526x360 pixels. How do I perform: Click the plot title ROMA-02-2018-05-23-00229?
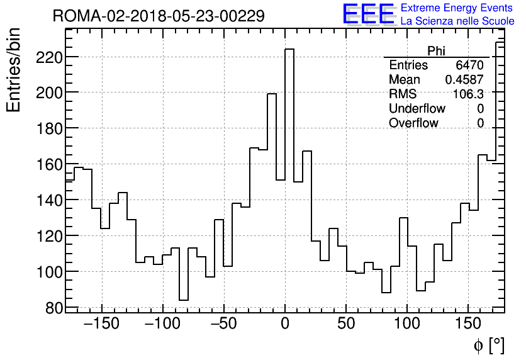coord(159,16)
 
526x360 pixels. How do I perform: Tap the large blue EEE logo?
coord(368,14)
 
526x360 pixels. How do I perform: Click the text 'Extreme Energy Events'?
coord(457,8)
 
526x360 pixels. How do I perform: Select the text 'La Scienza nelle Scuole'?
coord(457,21)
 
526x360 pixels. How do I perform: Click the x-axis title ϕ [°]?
coord(488,345)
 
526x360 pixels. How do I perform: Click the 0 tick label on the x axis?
coord(285,325)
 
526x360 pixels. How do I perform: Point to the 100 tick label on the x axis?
coord(407,325)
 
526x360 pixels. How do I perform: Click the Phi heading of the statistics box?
coord(436,52)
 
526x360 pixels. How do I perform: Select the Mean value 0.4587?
coord(464,80)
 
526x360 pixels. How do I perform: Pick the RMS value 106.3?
coord(469,94)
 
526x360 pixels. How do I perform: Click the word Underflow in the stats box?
coord(417,109)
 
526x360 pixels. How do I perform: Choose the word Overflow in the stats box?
coord(413,123)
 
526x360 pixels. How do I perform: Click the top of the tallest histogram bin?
coord(289,49)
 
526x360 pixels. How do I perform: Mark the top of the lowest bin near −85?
coord(184,300)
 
